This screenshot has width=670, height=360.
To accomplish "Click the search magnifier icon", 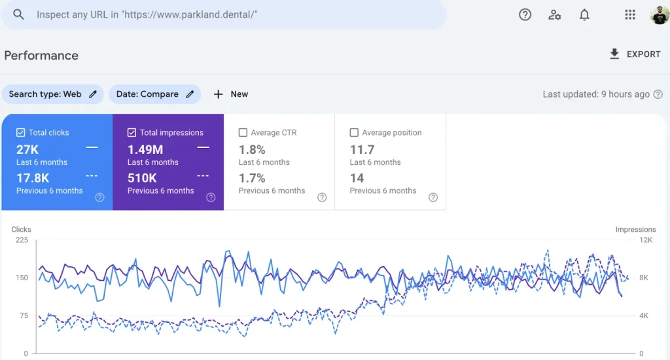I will [x=18, y=14].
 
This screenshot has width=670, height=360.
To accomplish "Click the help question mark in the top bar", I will [x=525, y=14].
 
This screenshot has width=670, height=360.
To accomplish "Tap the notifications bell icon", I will [x=584, y=14].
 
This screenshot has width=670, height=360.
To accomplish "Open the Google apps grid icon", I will [x=630, y=14].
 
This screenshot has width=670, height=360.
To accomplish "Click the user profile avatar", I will [x=659, y=15].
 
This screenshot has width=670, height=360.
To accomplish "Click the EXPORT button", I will [x=635, y=54].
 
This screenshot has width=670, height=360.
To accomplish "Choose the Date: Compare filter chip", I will [x=155, y=94].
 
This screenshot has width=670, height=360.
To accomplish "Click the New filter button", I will [x=231, y=94].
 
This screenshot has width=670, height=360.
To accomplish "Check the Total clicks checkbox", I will [x=21, y=133].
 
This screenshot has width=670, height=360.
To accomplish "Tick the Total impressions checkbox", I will [x=132, y=133].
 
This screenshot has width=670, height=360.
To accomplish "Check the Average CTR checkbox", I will [x=243, y=133].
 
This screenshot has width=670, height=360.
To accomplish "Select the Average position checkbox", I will [x=355, y=133].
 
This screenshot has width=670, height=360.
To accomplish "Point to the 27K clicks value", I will [x=27, y=149].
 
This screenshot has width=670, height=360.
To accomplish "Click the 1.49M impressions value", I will [x=145, y=149].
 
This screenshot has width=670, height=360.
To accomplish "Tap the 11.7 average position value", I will [x=362, y=149].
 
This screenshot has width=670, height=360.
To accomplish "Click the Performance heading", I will [x=41, y=56].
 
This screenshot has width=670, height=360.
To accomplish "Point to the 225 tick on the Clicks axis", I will [x=22, y=240].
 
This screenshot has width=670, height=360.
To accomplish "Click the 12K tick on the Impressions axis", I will [x=646, y=240].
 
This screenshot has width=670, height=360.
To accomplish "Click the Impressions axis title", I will [x=635, y=230].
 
